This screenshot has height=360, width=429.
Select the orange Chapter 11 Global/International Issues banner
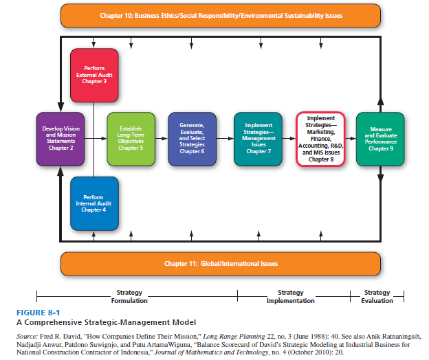(221, 263)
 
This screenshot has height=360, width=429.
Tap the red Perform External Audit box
(95, 75)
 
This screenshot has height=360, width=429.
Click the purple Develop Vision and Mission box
(60, 138)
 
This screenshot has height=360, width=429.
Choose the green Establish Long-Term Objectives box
(131, 138)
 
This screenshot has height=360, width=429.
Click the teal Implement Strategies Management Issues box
(258, 138)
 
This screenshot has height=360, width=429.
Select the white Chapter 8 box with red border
(320, 138)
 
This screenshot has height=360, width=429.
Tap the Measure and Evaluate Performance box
(380, 138)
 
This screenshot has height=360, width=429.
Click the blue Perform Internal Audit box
(95, 203)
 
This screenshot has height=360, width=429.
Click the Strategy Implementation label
(291, 297)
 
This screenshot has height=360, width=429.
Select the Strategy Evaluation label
(377, 297)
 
